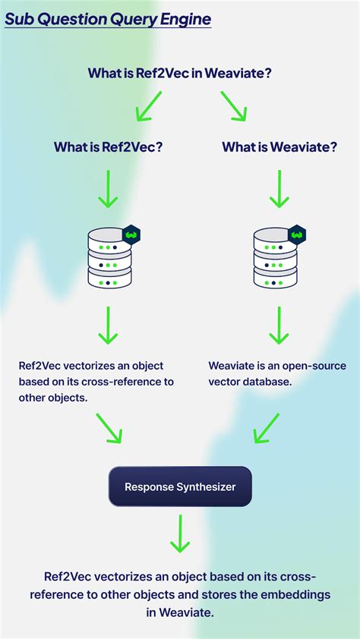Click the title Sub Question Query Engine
pyautogui.click(x=107, y=19)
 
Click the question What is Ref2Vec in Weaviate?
pyautogui.click(x=179, y=73)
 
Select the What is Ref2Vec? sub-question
pyautogui.click(x=108, y=147)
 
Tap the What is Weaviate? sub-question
pyautogui.click(x=279, y=147)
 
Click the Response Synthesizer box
pyautogui.click(x=180, y=486)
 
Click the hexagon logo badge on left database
pyautogui.click(x=131, y=235)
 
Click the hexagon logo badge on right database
pyautogui.click(x=297, y=235)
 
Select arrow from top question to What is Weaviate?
pyautogui.click(x=234, y=105)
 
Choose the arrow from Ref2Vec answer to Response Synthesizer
pyautogui.click(x=108, y=428)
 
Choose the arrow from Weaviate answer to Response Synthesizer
pyautogui.click(x=267, y=428)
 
